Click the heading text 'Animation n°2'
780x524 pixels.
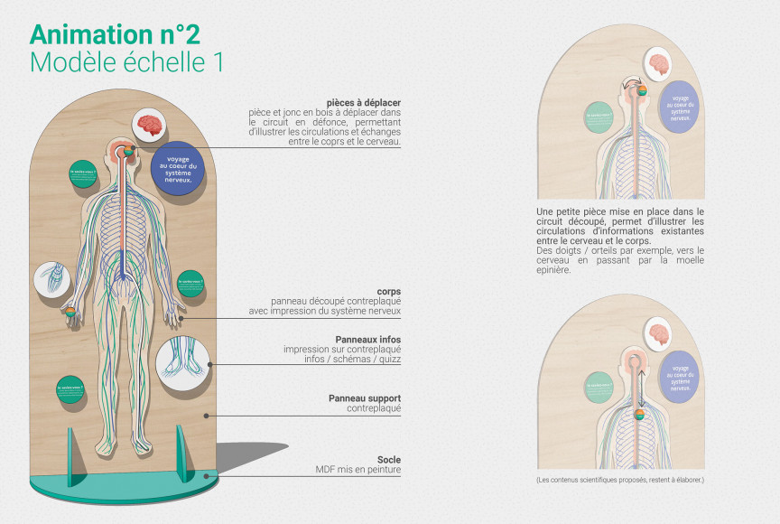pos(114,33)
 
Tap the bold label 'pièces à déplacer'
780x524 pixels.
pos(364,103)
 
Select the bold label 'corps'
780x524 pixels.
pos(388,291)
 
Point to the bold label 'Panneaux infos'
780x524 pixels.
pos(367,339)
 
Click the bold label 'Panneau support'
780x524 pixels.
pos(365,398)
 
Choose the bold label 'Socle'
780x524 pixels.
pos(388,459)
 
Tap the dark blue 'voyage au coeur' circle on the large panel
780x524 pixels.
pos(178,166)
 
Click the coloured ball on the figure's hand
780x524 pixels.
pos(70,313)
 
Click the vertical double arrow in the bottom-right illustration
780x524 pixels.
pos(639,395)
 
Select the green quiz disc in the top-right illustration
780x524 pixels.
pos(599,117)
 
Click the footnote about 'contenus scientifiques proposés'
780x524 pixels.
pos(619,480)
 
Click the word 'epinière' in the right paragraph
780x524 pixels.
pos(551,269)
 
